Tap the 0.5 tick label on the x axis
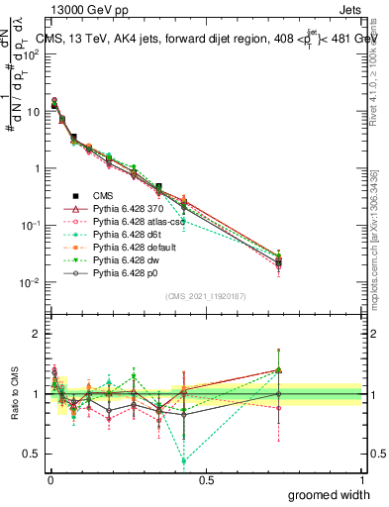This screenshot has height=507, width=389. click(x=205, y=479)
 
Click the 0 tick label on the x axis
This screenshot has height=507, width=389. click(x=49, y=479)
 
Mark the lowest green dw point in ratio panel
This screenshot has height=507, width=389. click(x=184, y=460)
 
